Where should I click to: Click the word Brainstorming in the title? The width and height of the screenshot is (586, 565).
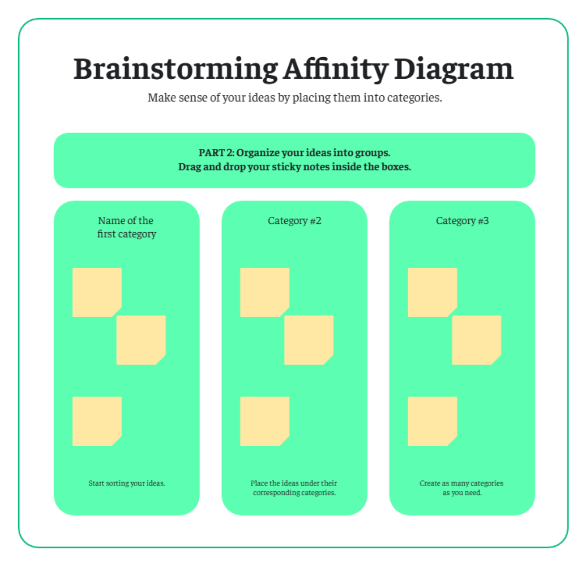point(176,69)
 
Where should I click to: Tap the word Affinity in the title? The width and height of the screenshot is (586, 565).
point(335,69)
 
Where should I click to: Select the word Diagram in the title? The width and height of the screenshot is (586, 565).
point(453,69)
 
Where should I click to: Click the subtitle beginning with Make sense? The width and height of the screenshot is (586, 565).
point(294,98)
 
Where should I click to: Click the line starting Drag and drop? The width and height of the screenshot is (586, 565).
point(294,167)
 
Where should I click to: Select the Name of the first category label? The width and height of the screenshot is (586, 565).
point(126,227)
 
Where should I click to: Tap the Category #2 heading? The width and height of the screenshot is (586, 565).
point(294,221)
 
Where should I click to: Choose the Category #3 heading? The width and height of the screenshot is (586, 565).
point(462,221)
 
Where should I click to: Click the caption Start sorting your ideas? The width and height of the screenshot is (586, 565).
point(126,483)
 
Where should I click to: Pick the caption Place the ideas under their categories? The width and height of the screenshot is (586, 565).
point(294,488)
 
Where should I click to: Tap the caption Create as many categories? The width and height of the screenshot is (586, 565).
point(461,488)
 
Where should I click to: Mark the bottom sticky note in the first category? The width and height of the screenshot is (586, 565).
point(97,421)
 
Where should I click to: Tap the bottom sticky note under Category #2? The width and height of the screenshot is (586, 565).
point(265,421)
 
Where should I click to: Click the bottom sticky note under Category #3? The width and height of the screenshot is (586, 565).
point(432,421)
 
